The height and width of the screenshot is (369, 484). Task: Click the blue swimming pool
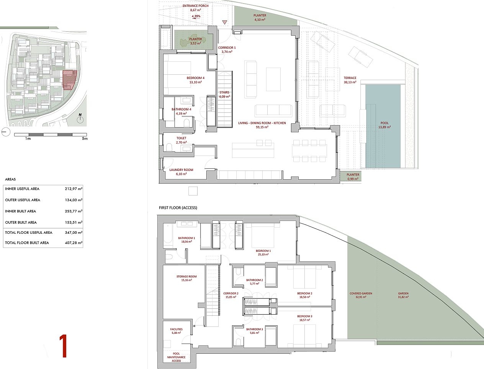[383, 126]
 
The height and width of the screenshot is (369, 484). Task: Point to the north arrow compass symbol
[80, 118]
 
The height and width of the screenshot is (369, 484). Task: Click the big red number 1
[64, 346]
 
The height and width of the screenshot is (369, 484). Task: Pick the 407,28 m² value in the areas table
[74, 243]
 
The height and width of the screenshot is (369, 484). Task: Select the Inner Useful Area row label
[22, 189]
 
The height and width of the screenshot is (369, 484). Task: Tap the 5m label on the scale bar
[85, 139]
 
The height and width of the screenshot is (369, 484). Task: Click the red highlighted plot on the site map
[69, 80]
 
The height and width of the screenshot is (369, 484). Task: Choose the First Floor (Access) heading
[178, 208]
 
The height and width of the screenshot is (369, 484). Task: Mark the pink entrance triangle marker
[225, 22]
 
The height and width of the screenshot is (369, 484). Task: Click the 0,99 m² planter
[351, 177]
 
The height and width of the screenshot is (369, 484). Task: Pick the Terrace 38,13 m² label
[350, 80]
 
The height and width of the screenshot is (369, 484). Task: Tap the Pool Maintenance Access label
[177, 357]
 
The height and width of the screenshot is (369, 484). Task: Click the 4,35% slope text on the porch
[196, 16]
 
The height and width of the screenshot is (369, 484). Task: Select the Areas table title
[10, 179]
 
